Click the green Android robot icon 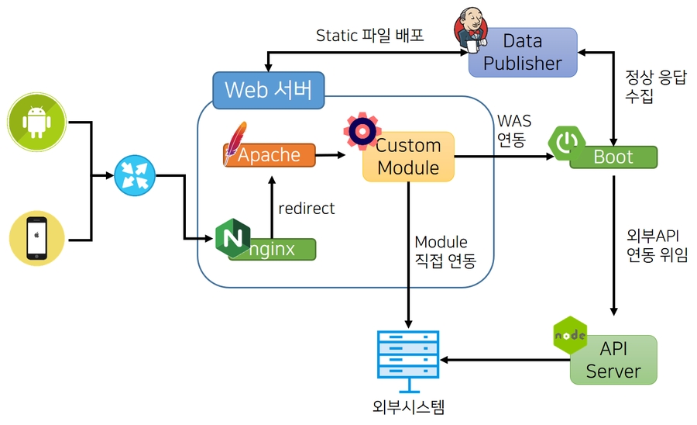(x=36, y=122)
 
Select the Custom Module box (x=408, y=157)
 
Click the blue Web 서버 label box (x=268, y=90)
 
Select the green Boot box (x=613, y=157)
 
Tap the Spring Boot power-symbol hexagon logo (x=568, y=142)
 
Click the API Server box (x=613, y=360)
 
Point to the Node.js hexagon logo (x=570, y=335)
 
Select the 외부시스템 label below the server (x=408, y=406)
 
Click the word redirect (x=307, y=208)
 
